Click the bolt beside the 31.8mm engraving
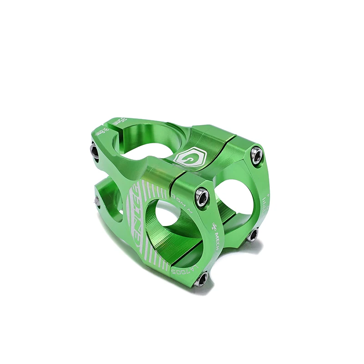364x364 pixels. pos(95,150)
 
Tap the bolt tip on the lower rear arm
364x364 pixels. pos(97,199)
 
